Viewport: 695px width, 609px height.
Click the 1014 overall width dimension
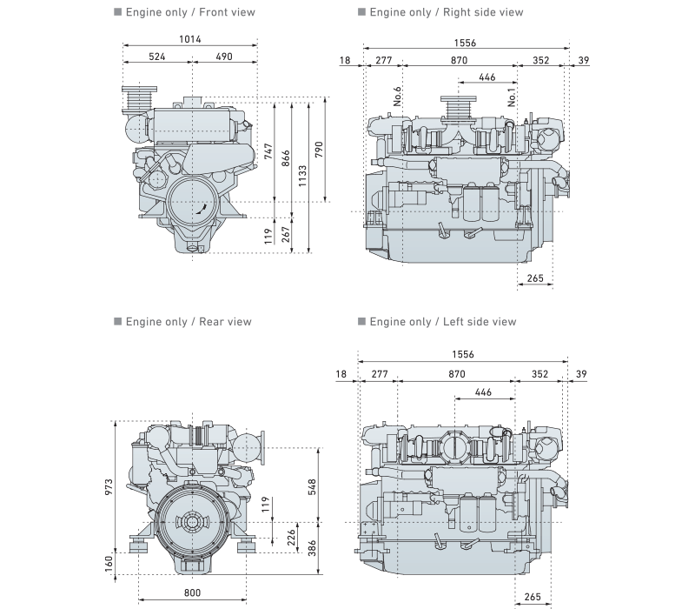point(191,39)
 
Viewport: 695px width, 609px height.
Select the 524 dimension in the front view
point(156,57)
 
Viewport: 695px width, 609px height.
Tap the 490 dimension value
point(224,57)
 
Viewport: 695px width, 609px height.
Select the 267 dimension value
point(285,233)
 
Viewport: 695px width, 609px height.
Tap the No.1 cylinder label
point(513,97)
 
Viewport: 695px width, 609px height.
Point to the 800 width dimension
point(193,592)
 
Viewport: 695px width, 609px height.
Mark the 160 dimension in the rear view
point(109,561)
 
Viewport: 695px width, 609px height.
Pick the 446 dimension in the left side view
point(484,393)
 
